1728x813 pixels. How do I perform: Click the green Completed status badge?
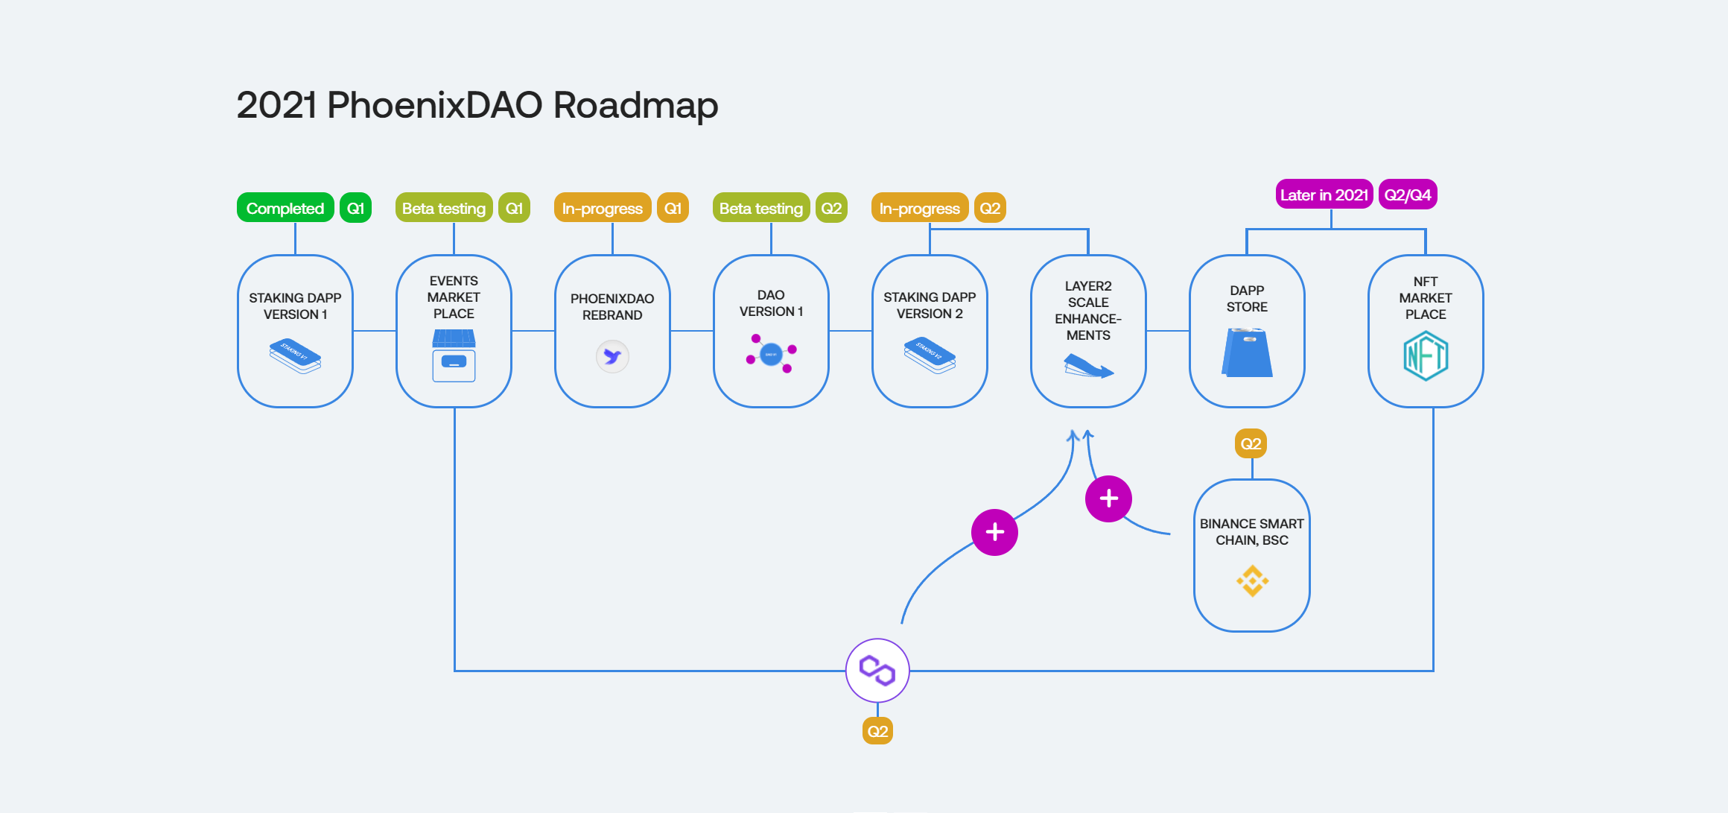285,209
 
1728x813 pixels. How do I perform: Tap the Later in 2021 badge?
1324,195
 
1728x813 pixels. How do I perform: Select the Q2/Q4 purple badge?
1407,195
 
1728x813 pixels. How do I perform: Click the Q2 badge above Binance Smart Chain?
1251,444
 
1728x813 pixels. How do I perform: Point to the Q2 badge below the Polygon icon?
877,731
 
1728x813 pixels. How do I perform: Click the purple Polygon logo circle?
877,670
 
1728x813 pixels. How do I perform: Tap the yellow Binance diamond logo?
1252,581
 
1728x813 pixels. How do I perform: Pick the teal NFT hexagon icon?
1426,356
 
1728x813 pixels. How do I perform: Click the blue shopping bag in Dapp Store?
1247,353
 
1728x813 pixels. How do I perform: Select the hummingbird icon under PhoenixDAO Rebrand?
612,357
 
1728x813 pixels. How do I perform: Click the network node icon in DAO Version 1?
771,353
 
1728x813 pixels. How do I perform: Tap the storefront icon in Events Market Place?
454,356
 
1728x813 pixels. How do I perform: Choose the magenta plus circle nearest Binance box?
1108,499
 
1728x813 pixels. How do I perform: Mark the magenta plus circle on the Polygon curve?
994,532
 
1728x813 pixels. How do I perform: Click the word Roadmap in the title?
635,105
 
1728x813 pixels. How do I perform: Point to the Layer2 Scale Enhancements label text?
1088,311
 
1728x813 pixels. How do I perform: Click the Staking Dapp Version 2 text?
930,306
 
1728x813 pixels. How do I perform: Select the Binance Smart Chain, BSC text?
1251,532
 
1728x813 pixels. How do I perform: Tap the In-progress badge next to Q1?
603,209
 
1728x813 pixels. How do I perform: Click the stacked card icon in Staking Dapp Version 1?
295,355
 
